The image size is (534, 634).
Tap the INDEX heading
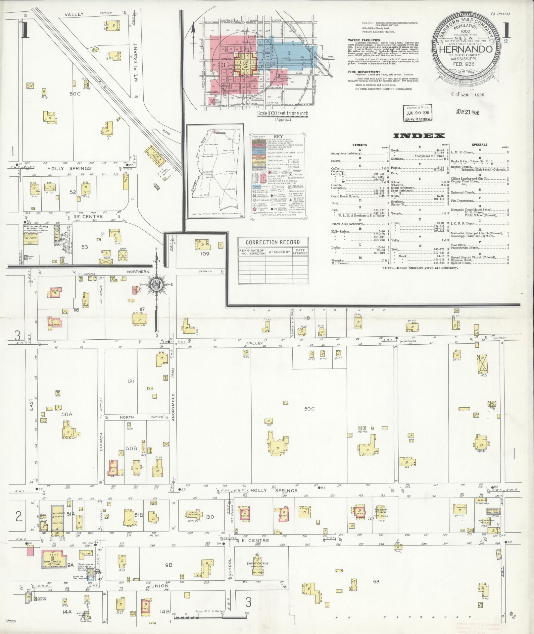(x=418, y=136)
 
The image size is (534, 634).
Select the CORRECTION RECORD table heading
(x=272, y=242)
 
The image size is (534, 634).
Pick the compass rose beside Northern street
(x=155, y=285)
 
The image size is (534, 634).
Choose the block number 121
(x=130, y=381)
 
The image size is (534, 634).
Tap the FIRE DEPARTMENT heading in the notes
(x=364, y=72)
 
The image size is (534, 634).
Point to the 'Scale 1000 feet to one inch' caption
(x=282, y=114)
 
